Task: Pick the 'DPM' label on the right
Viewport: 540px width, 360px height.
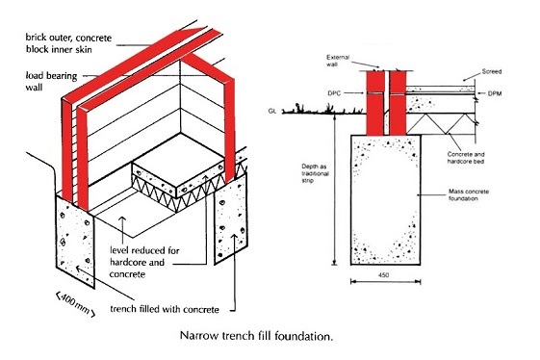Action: (493, 92)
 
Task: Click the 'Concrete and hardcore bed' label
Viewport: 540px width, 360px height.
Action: (469, 160)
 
